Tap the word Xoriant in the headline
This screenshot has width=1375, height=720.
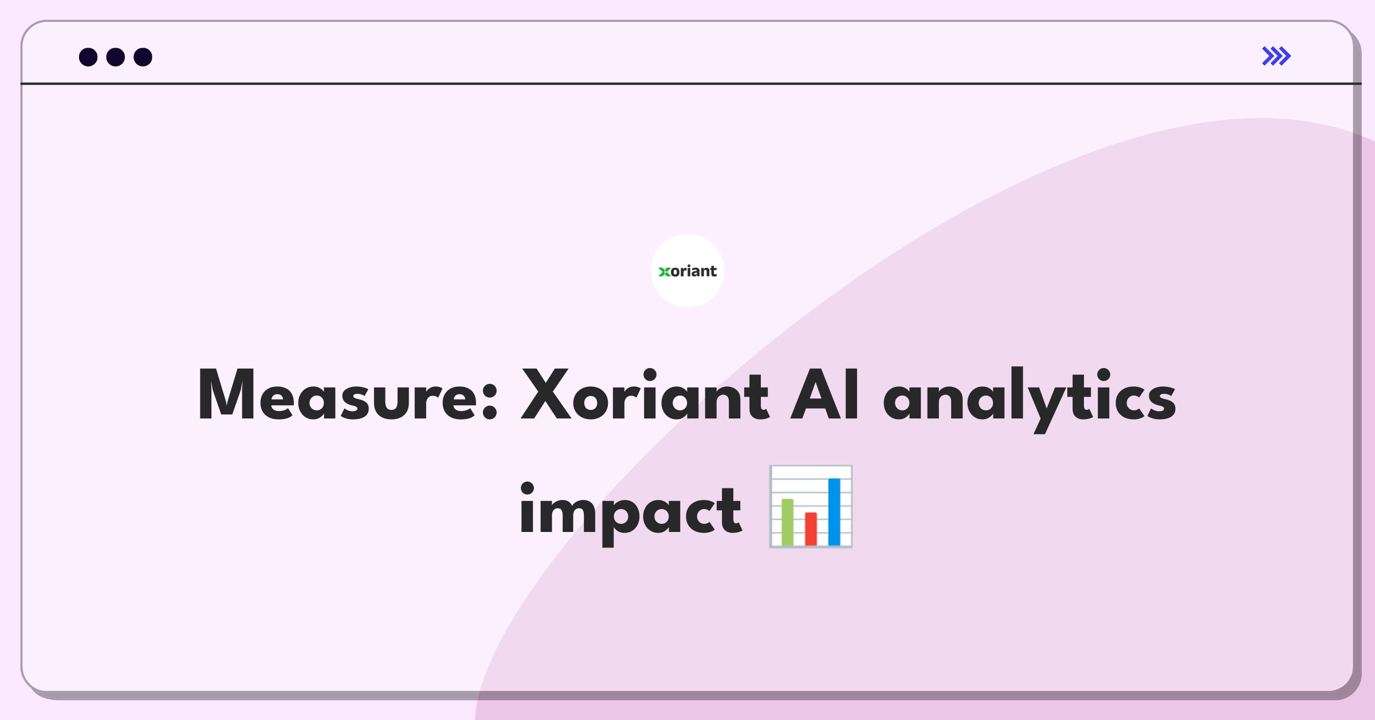coord(645,396)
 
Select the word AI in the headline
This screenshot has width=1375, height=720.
coord(824,396)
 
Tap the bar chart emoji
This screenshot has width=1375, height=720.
coord(811,507)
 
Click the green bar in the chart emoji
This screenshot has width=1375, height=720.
coord(788,522)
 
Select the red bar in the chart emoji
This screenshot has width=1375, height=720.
coord(811,529)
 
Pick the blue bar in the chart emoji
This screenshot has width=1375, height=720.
coord(834,511)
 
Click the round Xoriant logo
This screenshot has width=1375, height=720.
coord(687,271)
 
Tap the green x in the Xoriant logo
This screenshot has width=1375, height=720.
coord(664,272)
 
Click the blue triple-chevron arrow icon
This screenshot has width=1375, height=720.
coord(1276,56)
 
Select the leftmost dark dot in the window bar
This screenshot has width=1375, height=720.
coord(88,57)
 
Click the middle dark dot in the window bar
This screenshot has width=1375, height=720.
coord(116,57)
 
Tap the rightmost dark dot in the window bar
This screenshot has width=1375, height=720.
coord(143,57)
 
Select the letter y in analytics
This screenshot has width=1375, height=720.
coord(1046,404)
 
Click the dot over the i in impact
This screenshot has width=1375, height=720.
coord(527,488)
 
